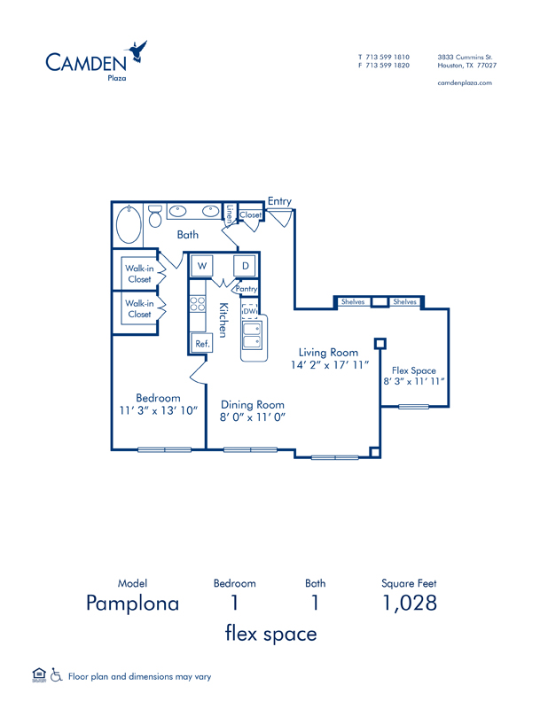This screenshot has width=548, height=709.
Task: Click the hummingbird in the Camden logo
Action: pyautogui.click(x=137, y=51)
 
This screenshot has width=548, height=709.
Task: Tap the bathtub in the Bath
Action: pyautogui.click(x=129, y=224)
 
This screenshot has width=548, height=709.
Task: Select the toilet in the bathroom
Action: pyautogui.click(x=155, y=216)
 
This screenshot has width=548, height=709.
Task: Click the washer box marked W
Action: pyautogui.click(x=202, y=266)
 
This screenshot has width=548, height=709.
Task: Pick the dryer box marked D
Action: pyautogui.click(x=245, y=266)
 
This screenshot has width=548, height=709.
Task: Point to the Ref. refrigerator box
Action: pyautogui.click(x=202, y=344)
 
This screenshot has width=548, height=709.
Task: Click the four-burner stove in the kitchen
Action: pyautogui.click(x=198, y=304)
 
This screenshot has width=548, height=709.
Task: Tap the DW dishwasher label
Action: pyautogui.click(x=250, y=311)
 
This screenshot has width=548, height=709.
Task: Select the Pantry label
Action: pyautogui.click(x=247, y=289)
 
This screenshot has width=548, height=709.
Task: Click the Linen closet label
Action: pyautogui.click(x=230, y=214)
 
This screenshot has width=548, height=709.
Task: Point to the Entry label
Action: pyautogui.click(x=279, y=202)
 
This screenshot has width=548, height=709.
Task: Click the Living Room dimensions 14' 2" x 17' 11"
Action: pyautogui.click(x=330, y=365)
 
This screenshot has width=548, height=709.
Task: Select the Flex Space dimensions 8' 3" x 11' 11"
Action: pyautogui.click(x=414, y=381)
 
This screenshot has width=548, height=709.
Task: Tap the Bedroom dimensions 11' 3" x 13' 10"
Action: pyautogui.click(x=159, y=410)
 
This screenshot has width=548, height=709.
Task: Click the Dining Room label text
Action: pyautogui.click(x=253, y=405)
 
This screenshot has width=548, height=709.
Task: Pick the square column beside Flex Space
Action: pyautogui.click(x=380, y=344)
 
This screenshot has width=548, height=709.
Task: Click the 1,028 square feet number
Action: pyautogui.click(x=410, y=604)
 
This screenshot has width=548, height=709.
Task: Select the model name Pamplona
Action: pyautogui.click(x=133, y=604)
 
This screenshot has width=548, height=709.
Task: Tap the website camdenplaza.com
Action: pyautogui.click(x=465, y=82)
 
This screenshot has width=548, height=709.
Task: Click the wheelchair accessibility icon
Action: pyautogui.click(x=56, y=675)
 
